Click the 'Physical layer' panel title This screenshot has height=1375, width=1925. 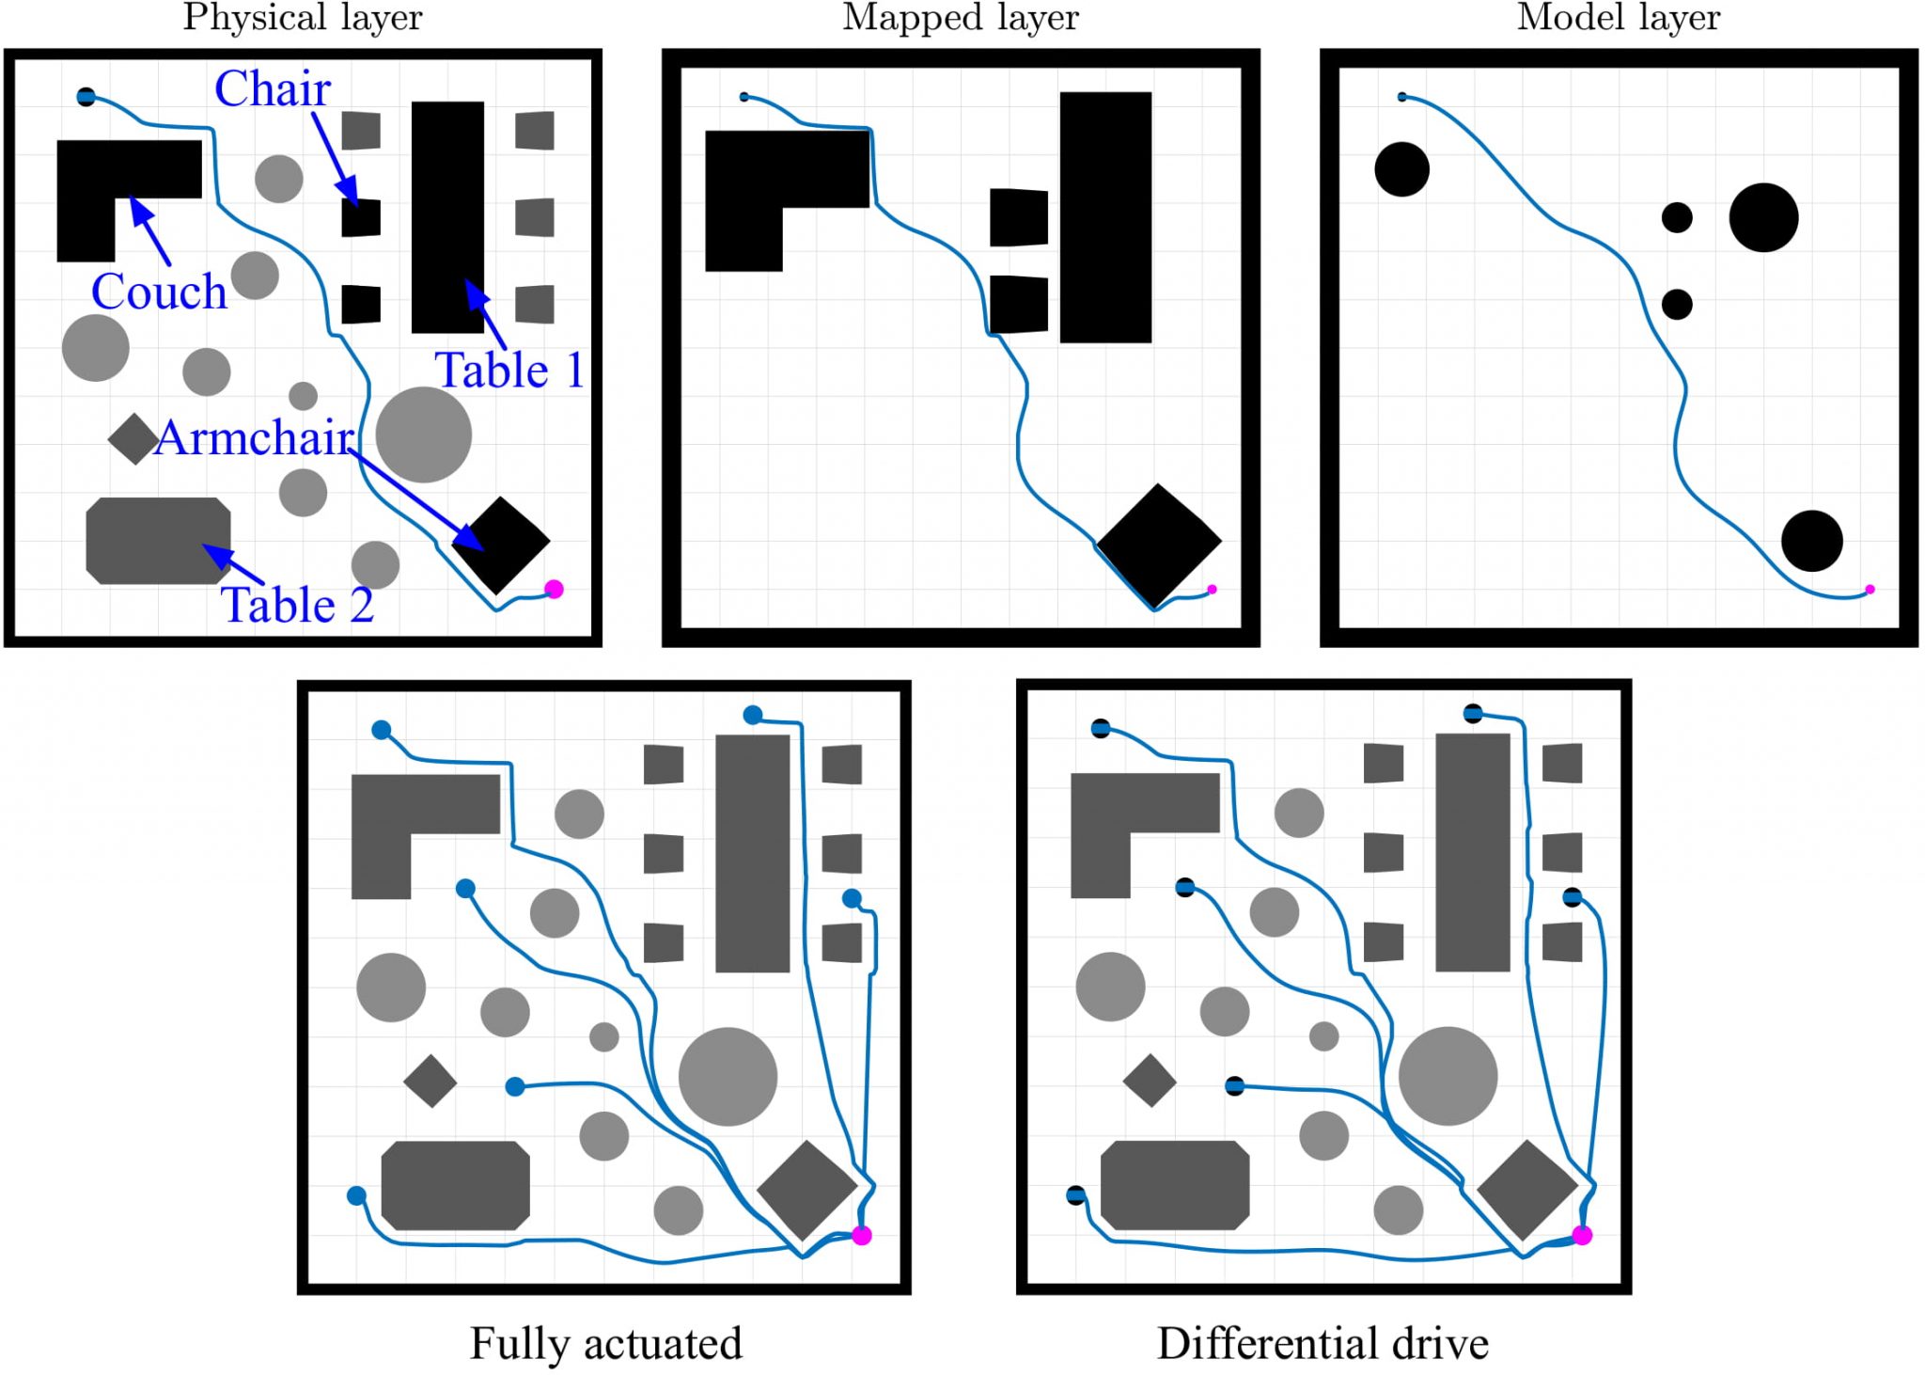click(303, 18)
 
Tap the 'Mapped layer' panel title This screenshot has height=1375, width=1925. click(961, 18)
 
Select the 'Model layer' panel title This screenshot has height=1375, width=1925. click(1618, 18)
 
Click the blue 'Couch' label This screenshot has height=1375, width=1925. click(159, 292)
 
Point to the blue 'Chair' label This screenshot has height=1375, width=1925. click(273, 89)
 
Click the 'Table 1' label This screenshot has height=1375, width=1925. click(509, 370)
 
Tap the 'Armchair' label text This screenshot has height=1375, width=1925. click(254, 438)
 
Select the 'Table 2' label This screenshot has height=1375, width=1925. click(297, 605)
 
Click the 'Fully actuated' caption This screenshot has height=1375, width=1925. click(605, 1343)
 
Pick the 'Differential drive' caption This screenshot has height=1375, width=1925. click(1322, 1343)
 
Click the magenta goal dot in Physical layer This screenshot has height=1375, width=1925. click(554, 590)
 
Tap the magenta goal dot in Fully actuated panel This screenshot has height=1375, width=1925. click(861, 1236)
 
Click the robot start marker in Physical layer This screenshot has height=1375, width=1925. click(86, 97)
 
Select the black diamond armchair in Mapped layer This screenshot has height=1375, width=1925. click(1158, 545)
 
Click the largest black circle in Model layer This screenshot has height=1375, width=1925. click(1763, 218)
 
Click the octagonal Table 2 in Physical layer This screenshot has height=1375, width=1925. click(158, 541)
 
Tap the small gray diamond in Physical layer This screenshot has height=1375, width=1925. click(133, 439)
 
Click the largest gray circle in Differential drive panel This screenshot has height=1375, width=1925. click(1448, 1076)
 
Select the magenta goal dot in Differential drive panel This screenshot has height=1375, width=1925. click(1582, 1236)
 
